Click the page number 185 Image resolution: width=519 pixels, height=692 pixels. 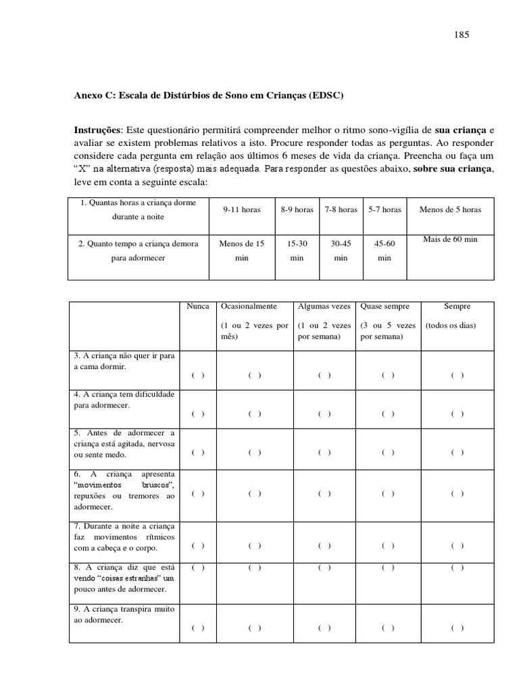462,34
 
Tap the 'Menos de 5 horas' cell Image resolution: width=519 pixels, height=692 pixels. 450,209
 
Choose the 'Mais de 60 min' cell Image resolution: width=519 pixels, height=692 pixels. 450,239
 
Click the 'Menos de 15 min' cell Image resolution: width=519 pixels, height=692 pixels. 242,251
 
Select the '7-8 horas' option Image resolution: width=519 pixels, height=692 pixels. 341,209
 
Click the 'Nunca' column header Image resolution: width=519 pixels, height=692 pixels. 198,306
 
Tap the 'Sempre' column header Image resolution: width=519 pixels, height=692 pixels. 458,306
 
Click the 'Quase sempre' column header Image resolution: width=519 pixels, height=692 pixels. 385,306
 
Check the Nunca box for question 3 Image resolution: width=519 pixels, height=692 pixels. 198,376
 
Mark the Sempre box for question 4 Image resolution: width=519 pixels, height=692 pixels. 458,414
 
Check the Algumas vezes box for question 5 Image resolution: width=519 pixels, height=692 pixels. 324,452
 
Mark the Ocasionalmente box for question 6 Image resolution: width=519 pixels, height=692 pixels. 254,493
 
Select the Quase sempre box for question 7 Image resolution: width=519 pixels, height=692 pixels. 388,545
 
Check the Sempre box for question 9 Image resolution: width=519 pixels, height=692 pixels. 458,628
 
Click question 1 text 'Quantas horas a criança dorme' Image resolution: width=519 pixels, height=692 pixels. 138,202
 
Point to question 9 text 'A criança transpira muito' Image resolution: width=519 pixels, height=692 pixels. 123,610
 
